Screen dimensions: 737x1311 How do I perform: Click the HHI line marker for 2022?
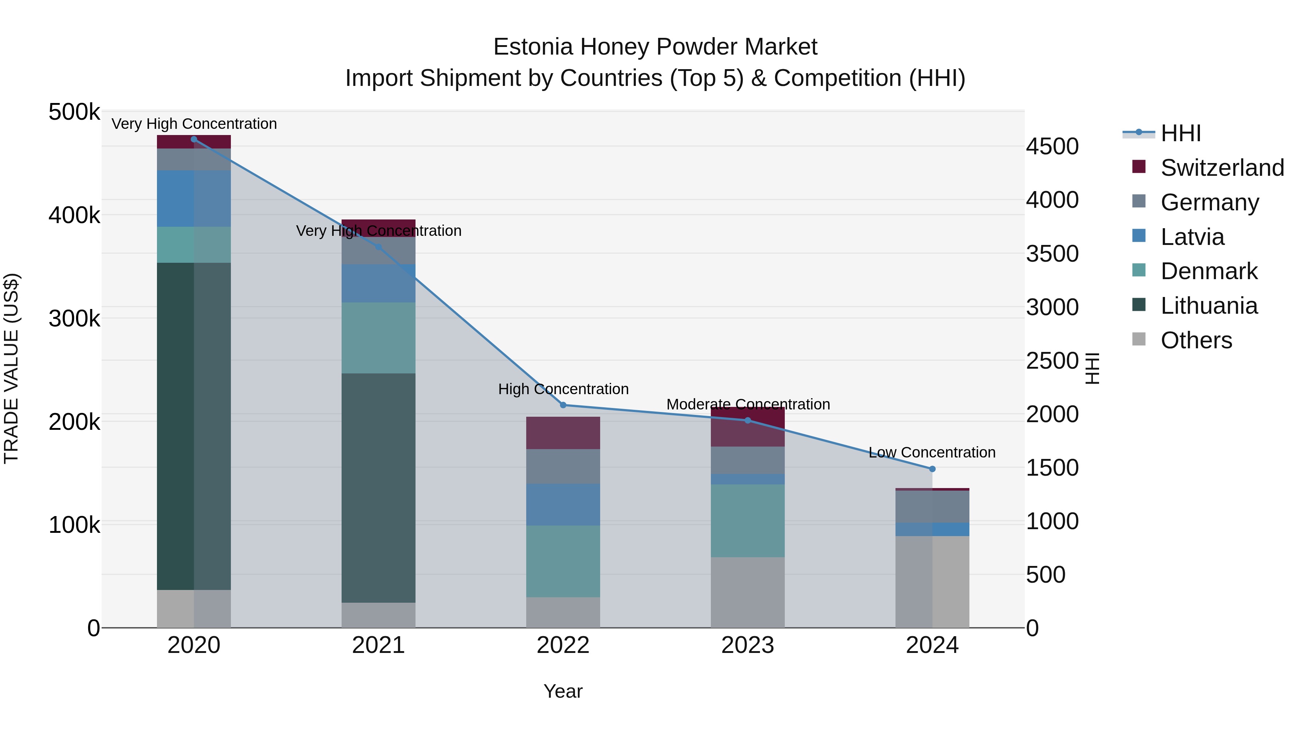[x=563, y=405]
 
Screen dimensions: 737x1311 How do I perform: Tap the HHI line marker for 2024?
[x=932, y=469]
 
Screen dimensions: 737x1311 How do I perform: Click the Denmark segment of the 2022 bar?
[x=563, y=562]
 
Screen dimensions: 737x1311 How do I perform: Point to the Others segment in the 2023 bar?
[x=748, y=593]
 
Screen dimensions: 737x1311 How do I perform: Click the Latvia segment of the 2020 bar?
[x=193, y=198]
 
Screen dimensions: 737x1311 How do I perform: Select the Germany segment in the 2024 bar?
[x=932, y=507]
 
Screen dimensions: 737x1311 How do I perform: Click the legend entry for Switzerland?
[x=1221, y=168]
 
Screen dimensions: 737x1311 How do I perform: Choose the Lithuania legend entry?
[x=1209, y=306]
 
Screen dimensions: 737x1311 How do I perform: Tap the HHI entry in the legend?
[x=1180, y=133]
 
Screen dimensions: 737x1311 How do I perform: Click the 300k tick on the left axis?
[x=74, y=319]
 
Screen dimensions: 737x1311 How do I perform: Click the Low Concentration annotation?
[x=932, y=452]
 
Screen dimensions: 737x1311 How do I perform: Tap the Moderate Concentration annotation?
[x=748, y=404]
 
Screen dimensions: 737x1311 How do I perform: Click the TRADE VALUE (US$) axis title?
[x=12, y=368]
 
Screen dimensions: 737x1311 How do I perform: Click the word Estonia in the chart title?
[x=534, y=47]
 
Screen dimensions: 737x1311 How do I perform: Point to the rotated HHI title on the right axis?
[x=1092, y=368]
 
